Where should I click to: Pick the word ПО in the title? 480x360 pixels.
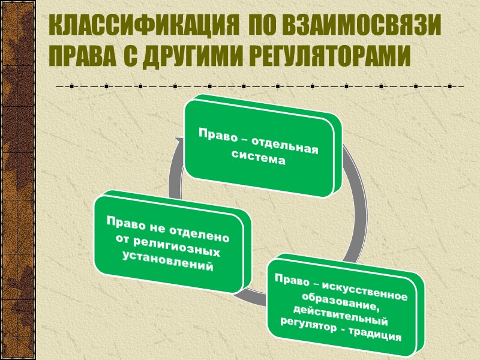(262, 27)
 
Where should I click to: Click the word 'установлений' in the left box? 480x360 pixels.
(167, 265)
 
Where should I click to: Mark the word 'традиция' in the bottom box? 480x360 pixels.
(376, 334)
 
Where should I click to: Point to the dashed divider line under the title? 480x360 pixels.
(258, 87)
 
